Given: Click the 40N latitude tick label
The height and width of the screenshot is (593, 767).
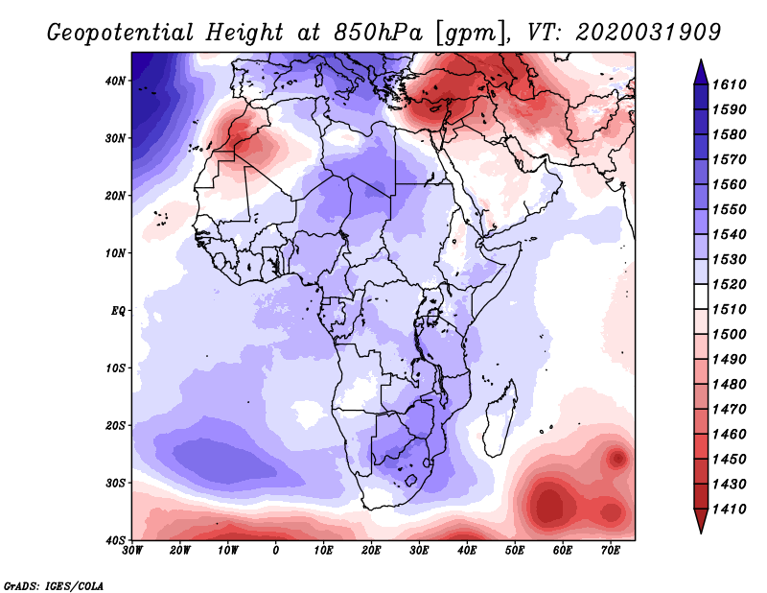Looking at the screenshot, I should click(114, 81).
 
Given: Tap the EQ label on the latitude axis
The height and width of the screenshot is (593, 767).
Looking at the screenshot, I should click(118, 311).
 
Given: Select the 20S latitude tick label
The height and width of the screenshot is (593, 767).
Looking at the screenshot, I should click(114, 425).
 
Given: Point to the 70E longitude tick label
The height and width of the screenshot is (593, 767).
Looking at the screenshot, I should click(610, 551).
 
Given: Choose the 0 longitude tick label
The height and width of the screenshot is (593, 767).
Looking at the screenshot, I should click(276, 551).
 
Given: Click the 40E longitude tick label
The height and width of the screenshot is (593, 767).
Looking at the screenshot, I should click(467, 551).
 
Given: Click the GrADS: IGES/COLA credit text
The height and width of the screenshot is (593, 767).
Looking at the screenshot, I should click(54, 584).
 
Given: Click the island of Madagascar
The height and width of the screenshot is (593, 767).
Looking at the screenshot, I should click(498, 429).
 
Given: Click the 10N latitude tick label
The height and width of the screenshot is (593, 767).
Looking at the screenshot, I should click(114, 253).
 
